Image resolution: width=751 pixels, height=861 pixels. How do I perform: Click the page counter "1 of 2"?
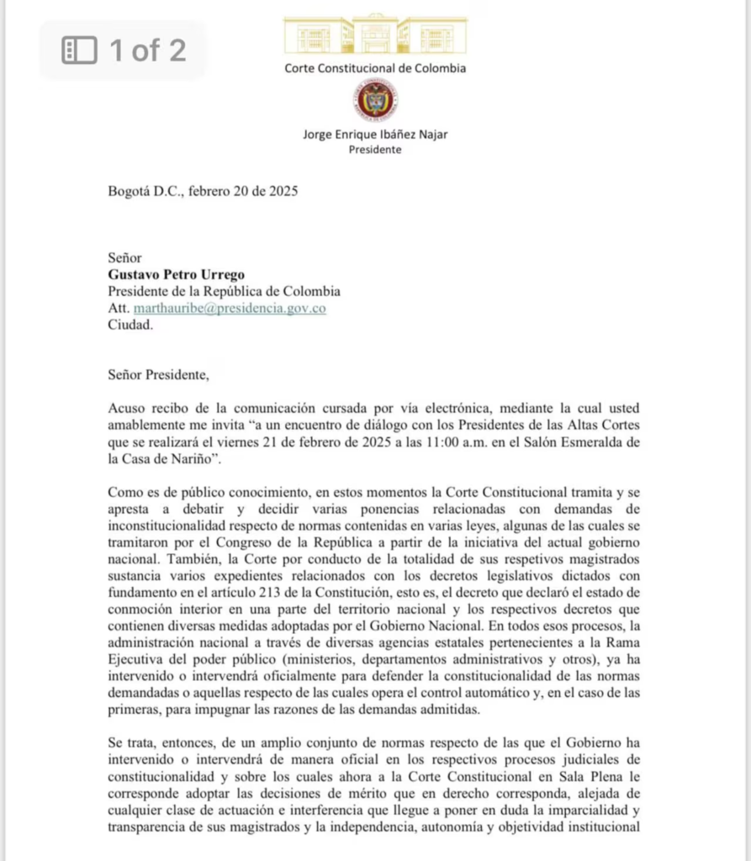(x=148, y=50)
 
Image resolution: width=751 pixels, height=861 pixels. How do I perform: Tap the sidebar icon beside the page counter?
(x=80, y=50)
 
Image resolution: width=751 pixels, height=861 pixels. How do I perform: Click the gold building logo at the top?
(x=374, y=34)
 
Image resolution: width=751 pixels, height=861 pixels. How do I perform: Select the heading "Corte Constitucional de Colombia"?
(x=375, y=68)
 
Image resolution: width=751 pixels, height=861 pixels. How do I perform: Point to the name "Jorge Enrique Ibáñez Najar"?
(x=375, y=135)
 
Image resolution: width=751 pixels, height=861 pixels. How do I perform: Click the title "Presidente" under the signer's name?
(x=375, y=150)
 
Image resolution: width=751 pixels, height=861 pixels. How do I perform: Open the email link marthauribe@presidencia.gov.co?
(x=230, y=308)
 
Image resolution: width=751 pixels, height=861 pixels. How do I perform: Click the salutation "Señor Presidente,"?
(x=158, y=374)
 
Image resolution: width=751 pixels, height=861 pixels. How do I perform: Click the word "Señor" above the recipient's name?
(x=125, y=257)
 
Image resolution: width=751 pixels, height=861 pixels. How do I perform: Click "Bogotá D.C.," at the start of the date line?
(x=145, y=191)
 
